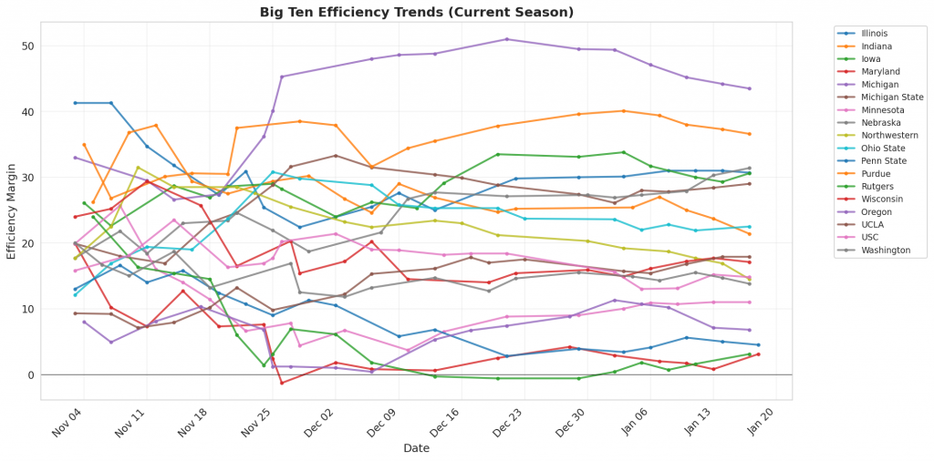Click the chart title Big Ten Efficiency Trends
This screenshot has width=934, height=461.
click(x=416, y=12)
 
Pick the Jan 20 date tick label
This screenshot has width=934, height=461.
click(x=761, y=420)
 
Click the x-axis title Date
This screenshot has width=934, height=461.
click(x=416, y=448)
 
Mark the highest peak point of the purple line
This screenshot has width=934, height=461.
click(x=507, y=39)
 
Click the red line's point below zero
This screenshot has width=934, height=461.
click(x=282, y=383)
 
